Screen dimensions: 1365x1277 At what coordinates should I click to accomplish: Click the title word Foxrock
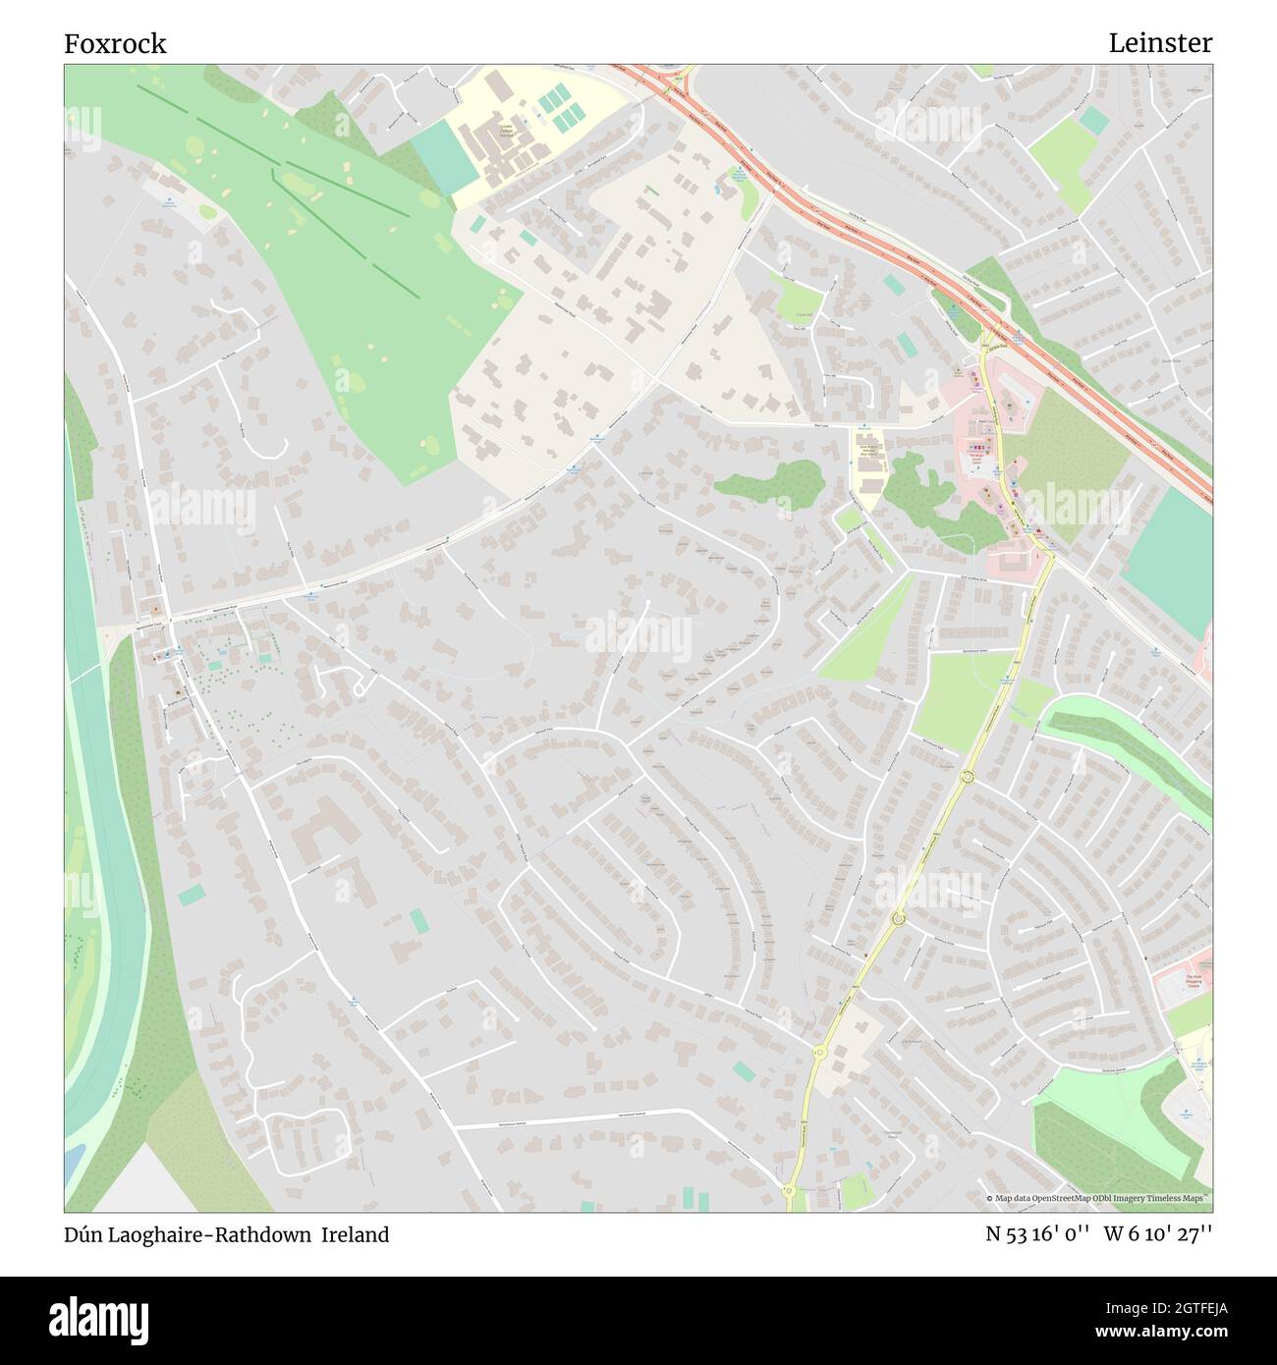tap(115, 43)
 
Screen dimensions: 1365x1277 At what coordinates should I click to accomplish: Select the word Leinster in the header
tap(1160, 43)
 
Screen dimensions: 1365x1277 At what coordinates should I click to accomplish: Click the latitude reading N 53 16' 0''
tap(1037, 1235)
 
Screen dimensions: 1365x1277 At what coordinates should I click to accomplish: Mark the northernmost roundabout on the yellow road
tap(967, 778)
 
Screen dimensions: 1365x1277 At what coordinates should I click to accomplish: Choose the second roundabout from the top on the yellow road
tap(898, 919)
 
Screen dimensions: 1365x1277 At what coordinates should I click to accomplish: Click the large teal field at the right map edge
tap(1170, 560)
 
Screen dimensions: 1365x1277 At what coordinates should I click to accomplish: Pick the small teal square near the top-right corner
tap(1093, 121)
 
